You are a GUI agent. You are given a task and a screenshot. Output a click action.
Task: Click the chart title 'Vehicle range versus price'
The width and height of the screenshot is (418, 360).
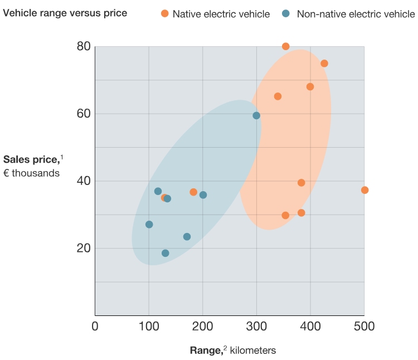(x=65, y=13)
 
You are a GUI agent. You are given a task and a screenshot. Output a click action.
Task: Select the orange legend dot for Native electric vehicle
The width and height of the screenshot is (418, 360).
(x=164, y=13)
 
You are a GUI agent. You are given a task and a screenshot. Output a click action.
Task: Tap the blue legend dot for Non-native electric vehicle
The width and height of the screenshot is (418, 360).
(x=285, y=13)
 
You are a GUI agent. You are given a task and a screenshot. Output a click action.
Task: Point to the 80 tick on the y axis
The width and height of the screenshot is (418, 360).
(x=84, y=46)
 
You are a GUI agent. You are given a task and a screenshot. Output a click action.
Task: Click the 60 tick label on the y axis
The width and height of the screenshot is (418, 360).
(x=84, y=114)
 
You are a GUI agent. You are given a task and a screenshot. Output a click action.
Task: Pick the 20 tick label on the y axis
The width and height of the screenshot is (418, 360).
(x=84, y=248)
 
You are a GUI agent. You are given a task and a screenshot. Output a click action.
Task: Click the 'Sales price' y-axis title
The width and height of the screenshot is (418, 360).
(x=31, y=160)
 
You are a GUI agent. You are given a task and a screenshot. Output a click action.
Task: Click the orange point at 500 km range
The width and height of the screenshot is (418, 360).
(x=364, y=190)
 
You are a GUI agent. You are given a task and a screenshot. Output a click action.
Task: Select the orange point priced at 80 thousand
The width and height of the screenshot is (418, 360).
(x=285, y=46)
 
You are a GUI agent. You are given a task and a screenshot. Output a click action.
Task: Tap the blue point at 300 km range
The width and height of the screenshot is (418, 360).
(x=256, y=115)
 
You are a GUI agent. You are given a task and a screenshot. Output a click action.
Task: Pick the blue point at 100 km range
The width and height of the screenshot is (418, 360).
(x=149, y=225)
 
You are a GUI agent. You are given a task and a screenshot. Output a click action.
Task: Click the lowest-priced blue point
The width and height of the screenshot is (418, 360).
(x=165, y=253)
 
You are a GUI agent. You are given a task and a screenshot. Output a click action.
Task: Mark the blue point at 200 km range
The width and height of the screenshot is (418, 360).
(x=203, y=195)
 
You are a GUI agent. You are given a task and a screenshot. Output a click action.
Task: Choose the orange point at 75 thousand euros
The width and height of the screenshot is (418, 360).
(x=324, y=64)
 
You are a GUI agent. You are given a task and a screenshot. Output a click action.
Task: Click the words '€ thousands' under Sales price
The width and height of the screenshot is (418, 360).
(x=31, y=173)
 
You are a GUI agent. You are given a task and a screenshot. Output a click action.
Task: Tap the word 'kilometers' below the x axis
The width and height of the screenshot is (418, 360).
(x=253, y=351)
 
